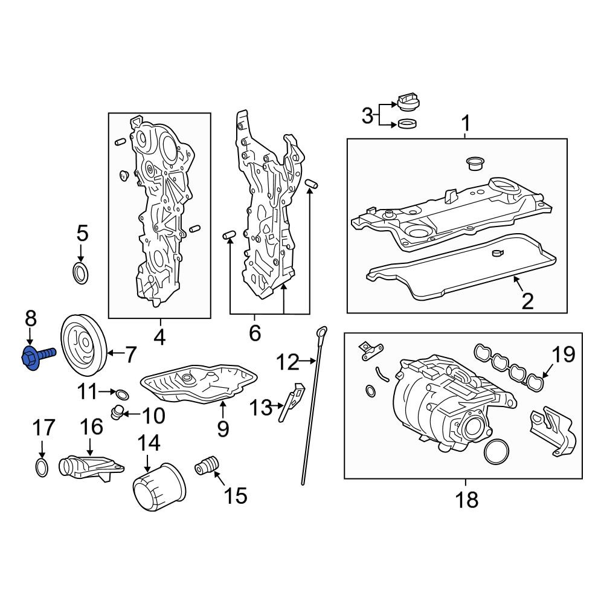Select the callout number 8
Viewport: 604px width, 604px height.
[31, 318]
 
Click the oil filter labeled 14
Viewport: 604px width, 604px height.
[159, 486]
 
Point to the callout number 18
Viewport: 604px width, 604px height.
[467, 500]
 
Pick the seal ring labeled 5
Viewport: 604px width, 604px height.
[80, 273]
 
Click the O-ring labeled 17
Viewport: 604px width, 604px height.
[42, 467]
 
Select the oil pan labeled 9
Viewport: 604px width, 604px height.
[198, 384]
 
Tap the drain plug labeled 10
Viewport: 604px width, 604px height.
[116, 413]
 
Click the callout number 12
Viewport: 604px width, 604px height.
[288, 362]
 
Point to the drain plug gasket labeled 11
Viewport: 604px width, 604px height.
[123, 395]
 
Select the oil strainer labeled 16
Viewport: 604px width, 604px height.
[91, 467]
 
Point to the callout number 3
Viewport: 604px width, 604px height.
[367, 115]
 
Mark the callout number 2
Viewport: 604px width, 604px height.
[527, 301]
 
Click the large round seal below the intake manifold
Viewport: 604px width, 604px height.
[496, 451]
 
